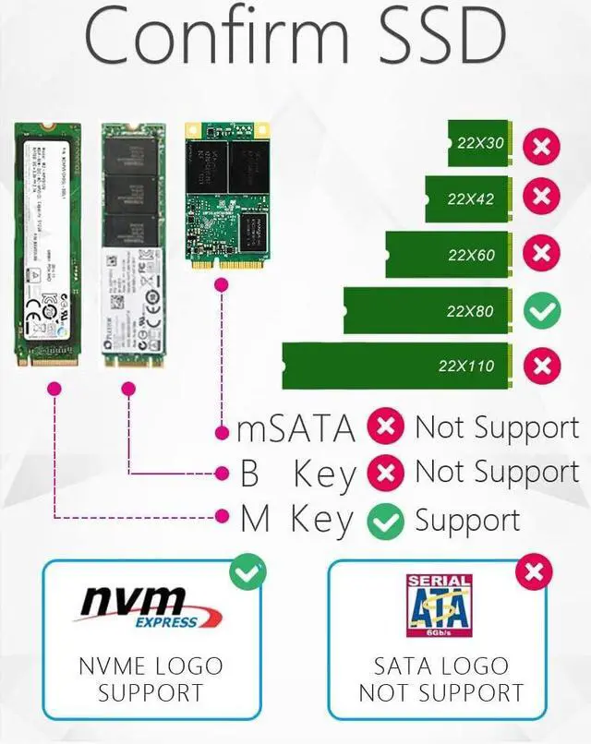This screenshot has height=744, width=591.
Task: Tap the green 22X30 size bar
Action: [x=480, y=143]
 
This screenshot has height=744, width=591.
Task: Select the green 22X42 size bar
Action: [x=468, y=198]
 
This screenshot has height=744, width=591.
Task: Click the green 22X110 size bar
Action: [x=401, y=366]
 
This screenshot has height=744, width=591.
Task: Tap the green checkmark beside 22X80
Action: [x=542, y=311]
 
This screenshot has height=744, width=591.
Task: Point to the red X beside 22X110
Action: [x=542, y=366]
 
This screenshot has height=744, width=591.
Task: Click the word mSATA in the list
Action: [x=296, y=429]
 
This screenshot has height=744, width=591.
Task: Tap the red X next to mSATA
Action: [x=385, y=427]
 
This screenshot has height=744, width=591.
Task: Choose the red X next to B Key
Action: [x=385, y=474]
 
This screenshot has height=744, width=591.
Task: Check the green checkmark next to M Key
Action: [x=385, y=522]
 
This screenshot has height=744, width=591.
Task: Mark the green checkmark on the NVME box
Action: [x=247, y=573]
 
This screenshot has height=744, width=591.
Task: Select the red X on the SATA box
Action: [x=533, y=573]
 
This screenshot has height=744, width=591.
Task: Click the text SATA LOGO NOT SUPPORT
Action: [x=440, y=678]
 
